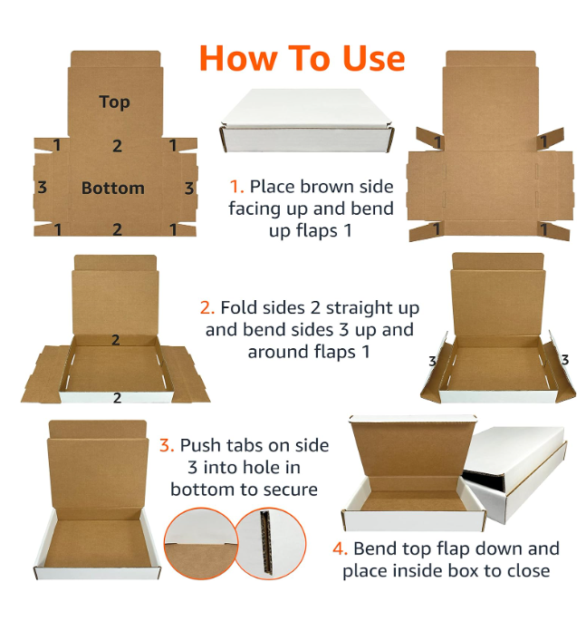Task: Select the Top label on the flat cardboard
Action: coord(114,102)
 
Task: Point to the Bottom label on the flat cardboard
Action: coord(112,189)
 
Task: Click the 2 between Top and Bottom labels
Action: coord(117,146)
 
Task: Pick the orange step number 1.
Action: coord(235,187)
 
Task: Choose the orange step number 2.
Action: coord(207,308)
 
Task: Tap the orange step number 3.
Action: coord(166,446)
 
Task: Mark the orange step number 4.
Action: coord(340,549)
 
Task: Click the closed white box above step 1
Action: coord(308,121)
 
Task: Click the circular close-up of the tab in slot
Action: coord(200,544)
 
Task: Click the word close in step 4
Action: coord(525,571)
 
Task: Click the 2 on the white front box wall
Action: coord(117,397)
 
